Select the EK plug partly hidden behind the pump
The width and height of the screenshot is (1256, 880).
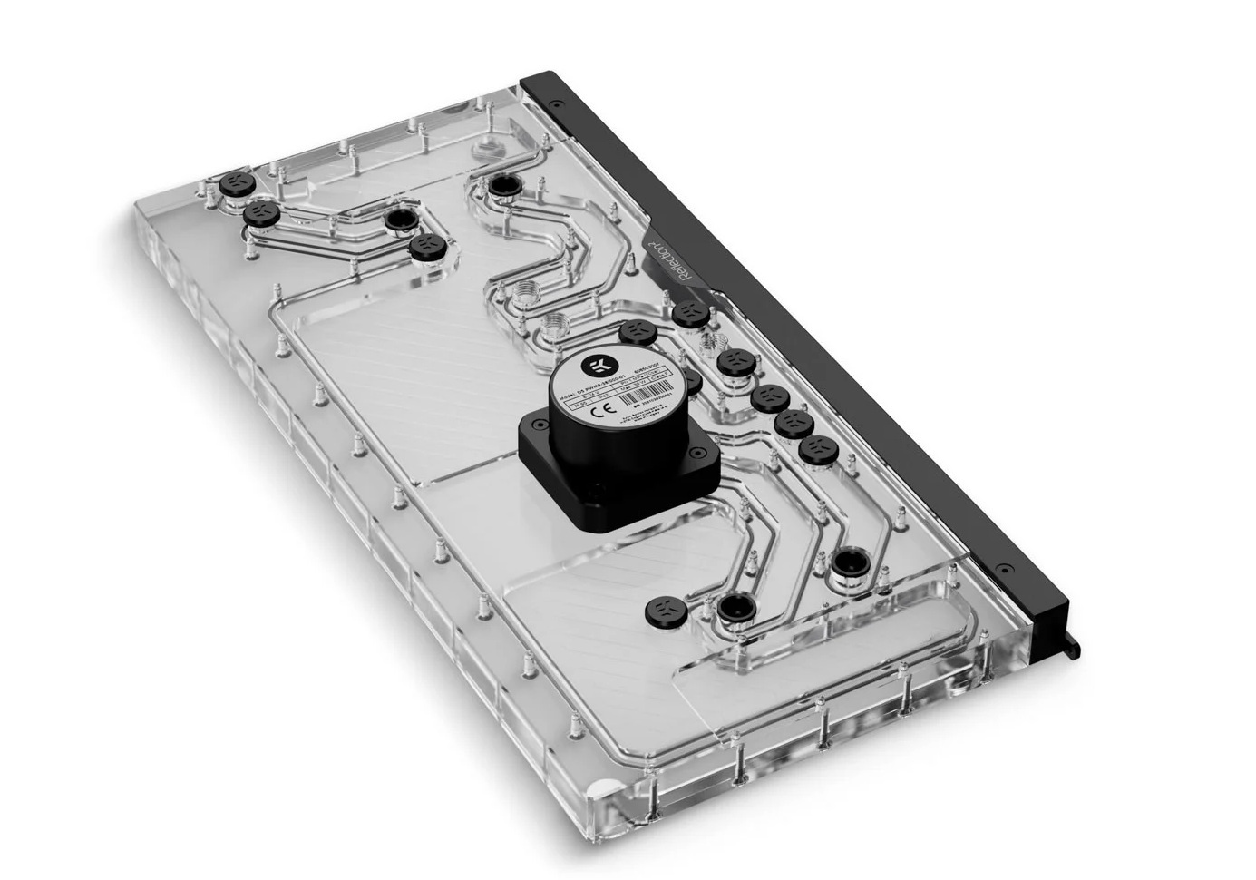coord(693,381)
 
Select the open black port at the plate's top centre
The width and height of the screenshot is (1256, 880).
coord(501,186)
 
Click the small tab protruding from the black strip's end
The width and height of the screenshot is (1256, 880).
coord(1073,647)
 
